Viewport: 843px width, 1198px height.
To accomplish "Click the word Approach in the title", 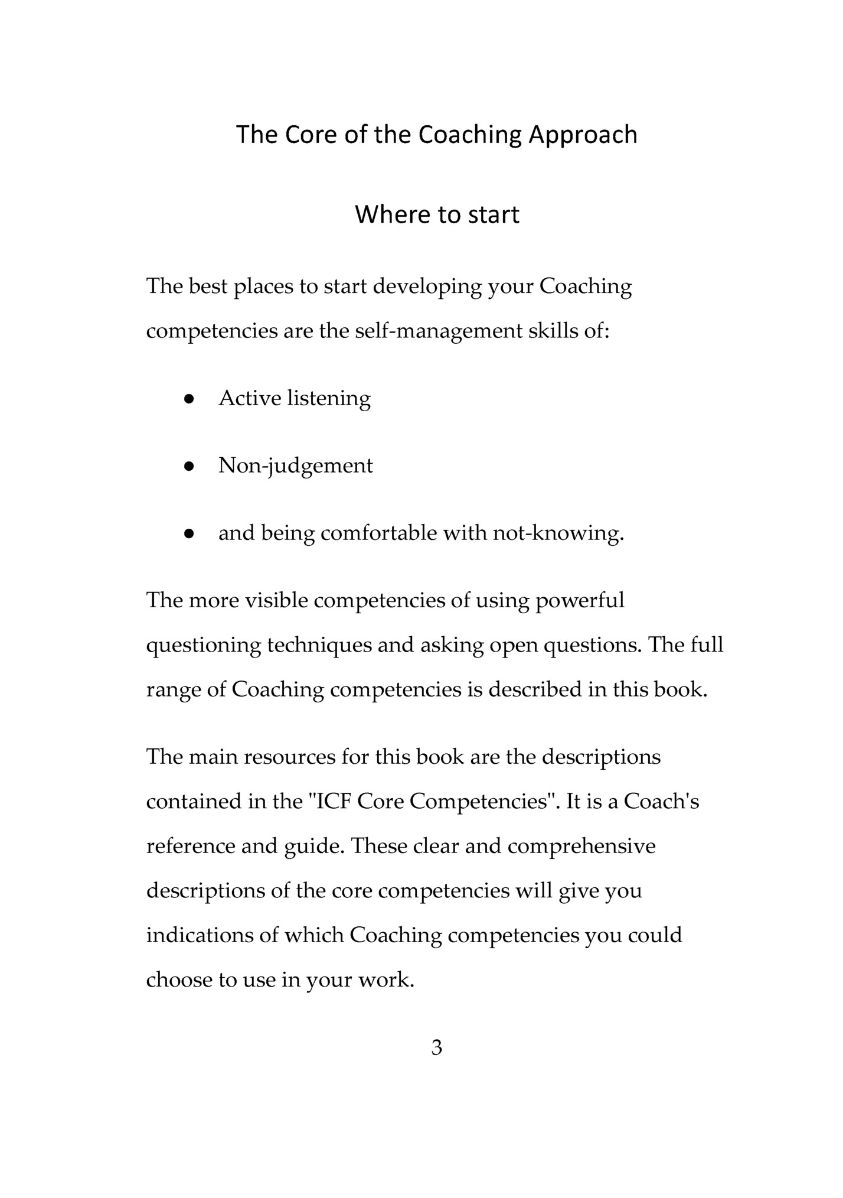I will (583, 136).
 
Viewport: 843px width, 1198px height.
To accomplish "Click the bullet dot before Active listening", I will (189, 399).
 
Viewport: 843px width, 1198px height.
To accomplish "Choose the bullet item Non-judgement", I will (295, 467).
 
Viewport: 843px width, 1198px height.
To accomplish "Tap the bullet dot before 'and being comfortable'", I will (189, 534).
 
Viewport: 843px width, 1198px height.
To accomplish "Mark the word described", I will (535, 690).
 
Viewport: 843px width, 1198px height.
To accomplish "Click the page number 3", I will (437, 1048).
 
